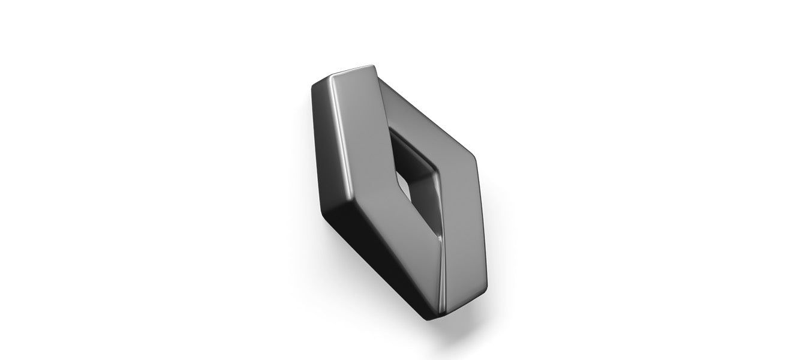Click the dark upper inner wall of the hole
(x=414, y=150)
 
